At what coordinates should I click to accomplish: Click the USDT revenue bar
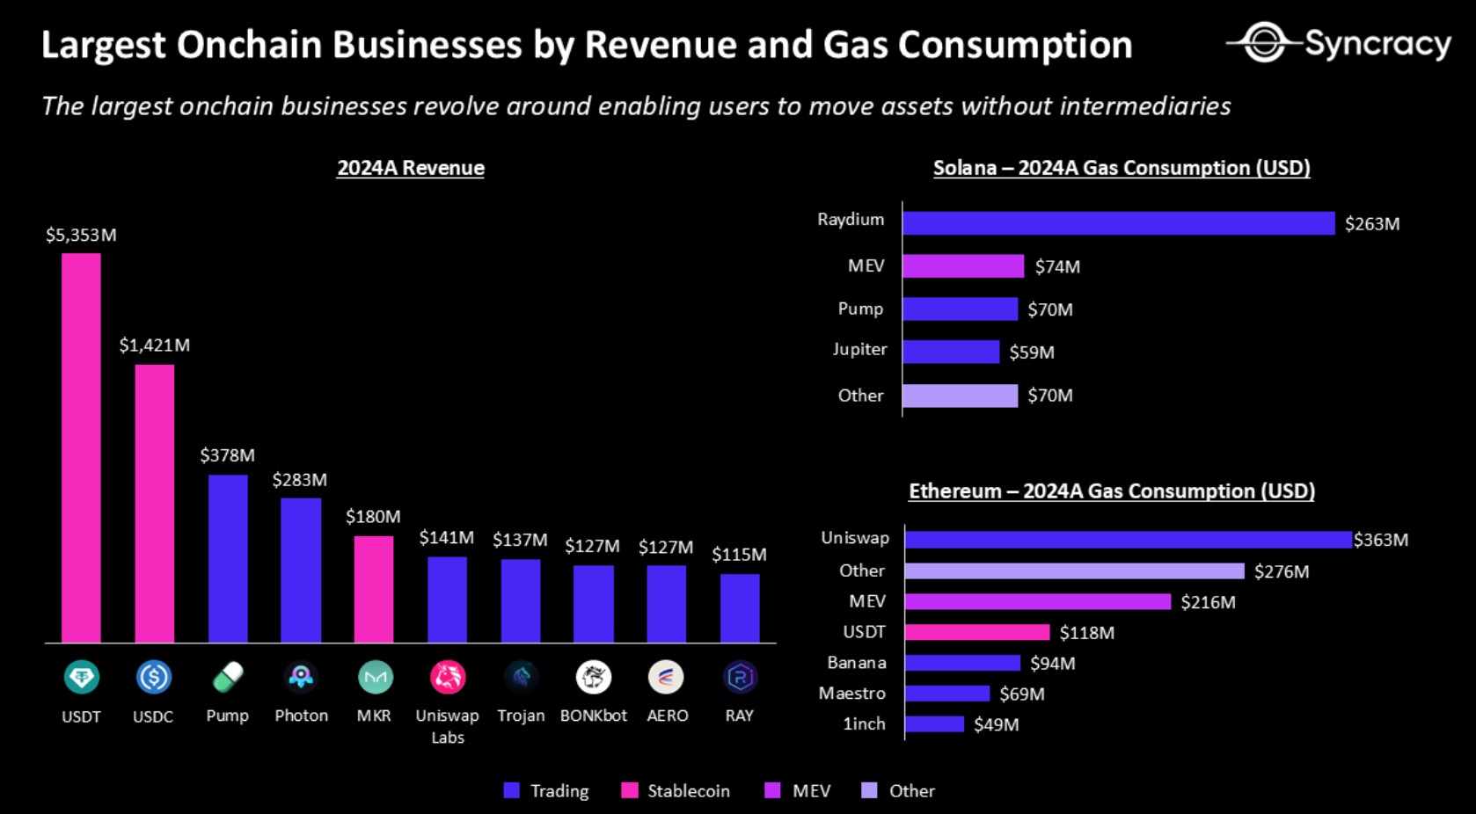(x=81, y=447)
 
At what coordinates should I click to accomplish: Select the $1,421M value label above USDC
(x=155, y=345)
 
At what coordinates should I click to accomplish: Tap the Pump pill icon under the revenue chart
(x=228, y=677)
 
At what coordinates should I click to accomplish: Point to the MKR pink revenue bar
(x=374, y=589)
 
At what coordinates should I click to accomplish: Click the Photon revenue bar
(x=301, y=570)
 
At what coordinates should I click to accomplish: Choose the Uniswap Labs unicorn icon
(x=447, y=677)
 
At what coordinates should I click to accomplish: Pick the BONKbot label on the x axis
(x=594, y=716)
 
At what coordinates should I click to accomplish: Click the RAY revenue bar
(x=740, y=608)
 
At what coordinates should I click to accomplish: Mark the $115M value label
(x=739, y=555)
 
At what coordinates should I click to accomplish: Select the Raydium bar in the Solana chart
(x=1118, y=223)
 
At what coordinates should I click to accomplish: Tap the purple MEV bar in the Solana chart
(x=963, y=266)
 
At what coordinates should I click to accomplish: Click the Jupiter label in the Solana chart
(x=859, y=350)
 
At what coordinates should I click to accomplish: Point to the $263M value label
(x=1372, y=224)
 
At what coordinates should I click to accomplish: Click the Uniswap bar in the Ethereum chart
(x=1128, y=540)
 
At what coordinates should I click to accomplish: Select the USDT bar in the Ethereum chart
(x=977, y=632)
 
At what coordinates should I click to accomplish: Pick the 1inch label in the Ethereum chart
(x=864, y=724)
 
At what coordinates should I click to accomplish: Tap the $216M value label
(x=1208, y=602)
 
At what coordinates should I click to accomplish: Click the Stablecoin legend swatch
(x=629, y=790)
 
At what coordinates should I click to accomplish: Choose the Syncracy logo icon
(x=1264, y=42)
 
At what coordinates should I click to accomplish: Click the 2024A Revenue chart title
(x=411, y=168)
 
